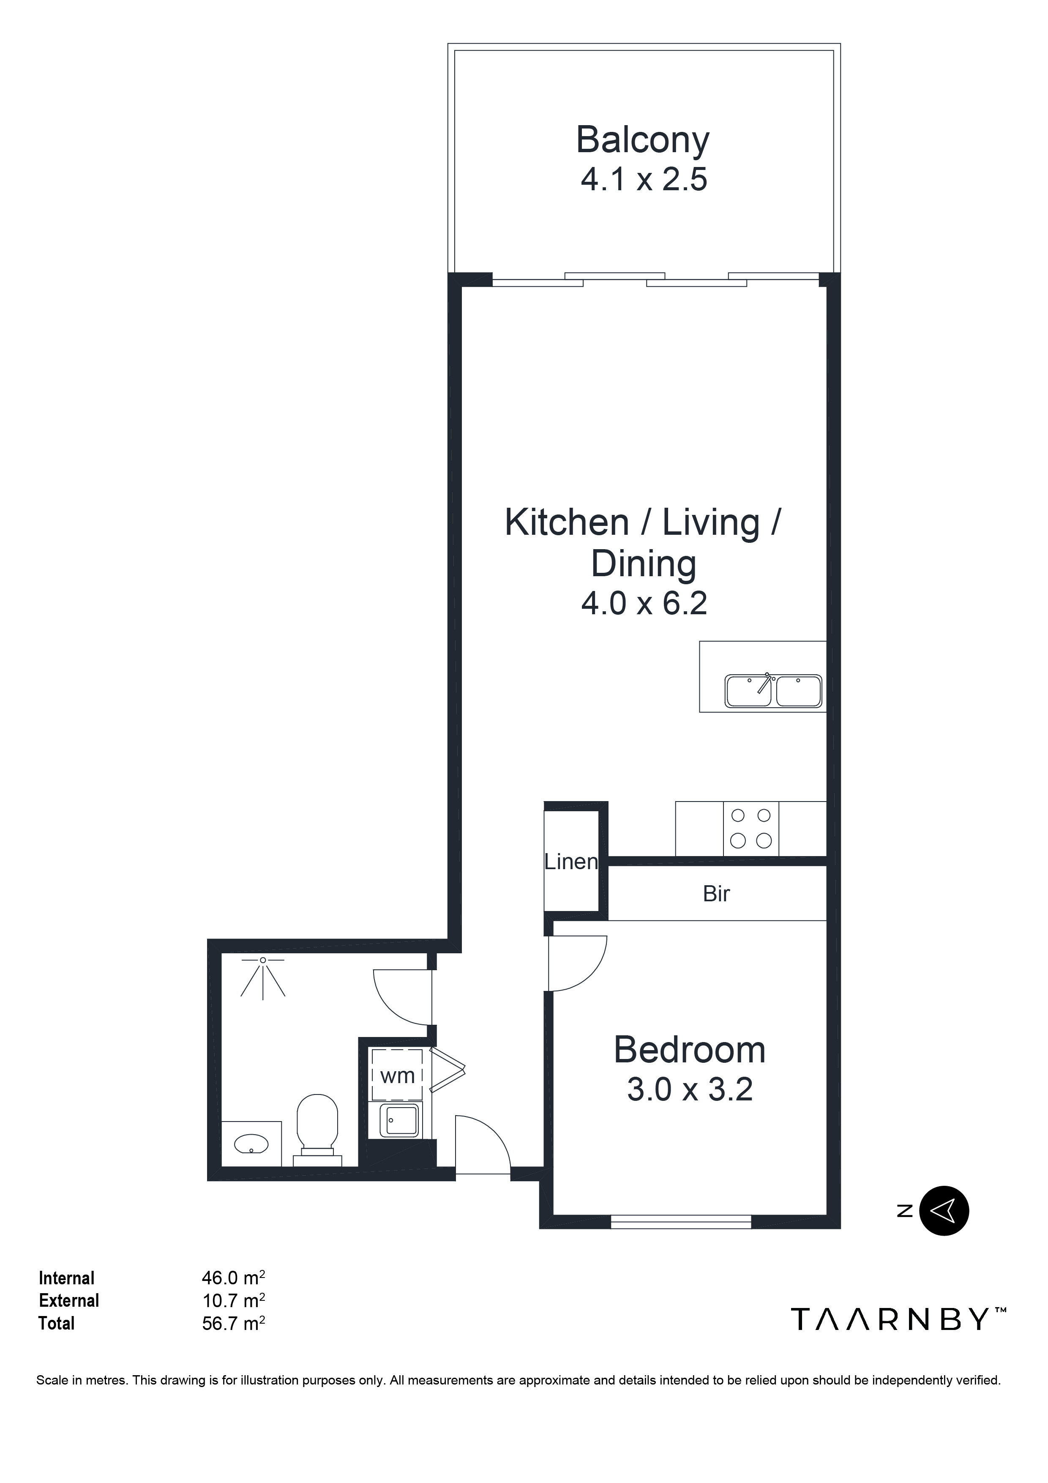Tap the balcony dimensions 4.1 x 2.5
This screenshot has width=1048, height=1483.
(644, 180)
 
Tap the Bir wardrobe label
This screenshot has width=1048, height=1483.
(716, 894)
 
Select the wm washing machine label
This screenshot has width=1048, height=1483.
(397, 1075)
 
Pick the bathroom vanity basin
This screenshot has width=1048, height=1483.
(251, 1144)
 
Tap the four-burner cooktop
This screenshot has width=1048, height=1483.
(751, 828)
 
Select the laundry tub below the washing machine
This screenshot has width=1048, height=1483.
(398, 1119)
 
